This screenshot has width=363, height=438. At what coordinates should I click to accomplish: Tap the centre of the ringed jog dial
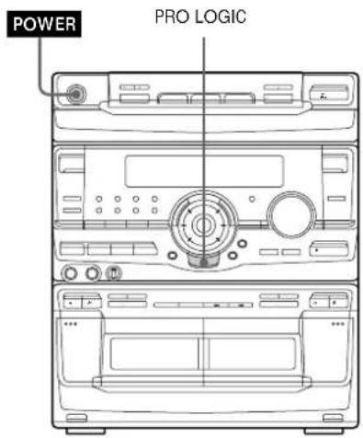click(x=200, y=224)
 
